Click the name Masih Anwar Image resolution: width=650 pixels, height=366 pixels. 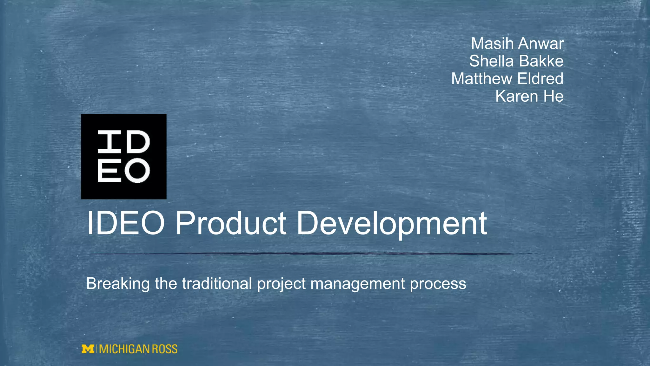pyautogui.click(x=517, y=44)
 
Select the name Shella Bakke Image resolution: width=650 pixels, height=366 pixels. pyautogui.click(x=516, y=61)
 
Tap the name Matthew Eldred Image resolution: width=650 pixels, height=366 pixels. pyautogui.click(x=507, y=79)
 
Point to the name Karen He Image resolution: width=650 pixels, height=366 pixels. pyautogui.click(x=529, y=96)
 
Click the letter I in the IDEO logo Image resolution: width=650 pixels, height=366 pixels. pyautogui.click(x=109, y=141)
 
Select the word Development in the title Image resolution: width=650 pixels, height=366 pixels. pyautogui.click(x=391, y=224)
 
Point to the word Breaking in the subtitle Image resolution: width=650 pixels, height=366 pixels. pyautogui.click(x=118, y=283)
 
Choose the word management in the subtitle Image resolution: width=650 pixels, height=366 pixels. pyautogui.click(x=357, y=284)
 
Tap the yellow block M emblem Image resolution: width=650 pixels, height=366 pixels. pyautogui.click(x=88, y=349)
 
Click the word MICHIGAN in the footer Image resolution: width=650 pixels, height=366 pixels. pyautogui.click(x=124, y=349)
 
